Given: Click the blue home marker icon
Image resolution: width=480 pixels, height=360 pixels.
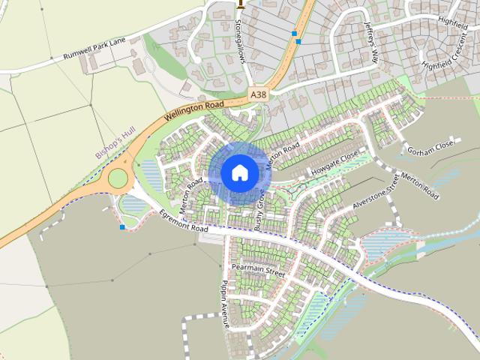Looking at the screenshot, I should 239,172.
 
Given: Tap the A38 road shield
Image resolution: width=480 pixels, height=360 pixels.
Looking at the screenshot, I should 258,94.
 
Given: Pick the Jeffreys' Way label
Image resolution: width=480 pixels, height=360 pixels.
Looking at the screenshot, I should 371,35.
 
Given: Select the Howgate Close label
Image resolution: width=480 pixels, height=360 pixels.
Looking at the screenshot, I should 335,165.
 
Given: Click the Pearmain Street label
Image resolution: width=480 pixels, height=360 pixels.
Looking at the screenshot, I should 258,271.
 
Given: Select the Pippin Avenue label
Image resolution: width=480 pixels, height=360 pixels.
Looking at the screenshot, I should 223,305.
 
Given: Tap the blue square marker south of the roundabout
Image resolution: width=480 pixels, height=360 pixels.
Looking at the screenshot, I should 122,226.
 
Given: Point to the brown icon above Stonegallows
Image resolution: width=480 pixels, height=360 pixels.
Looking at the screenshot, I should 240,4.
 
